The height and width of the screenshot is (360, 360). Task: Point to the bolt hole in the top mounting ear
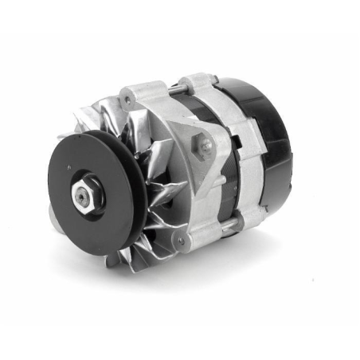point(127,100)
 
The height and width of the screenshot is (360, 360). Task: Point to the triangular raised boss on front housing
point(199,147)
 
